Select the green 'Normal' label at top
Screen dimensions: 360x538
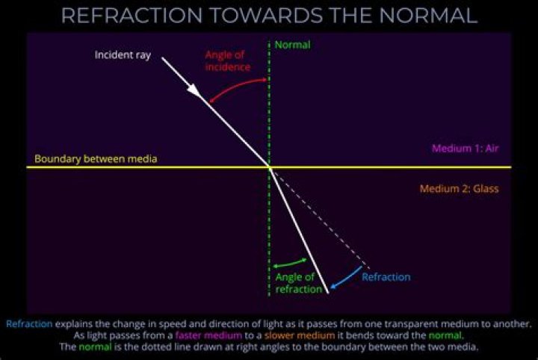(292, 46)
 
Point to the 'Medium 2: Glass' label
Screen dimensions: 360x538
(459, 189)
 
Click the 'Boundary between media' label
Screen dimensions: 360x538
(96, 159)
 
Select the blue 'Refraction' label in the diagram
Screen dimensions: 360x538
(386, 277)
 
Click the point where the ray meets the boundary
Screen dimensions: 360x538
(269, 167)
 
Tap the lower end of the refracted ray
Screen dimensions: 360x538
(327, 291)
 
